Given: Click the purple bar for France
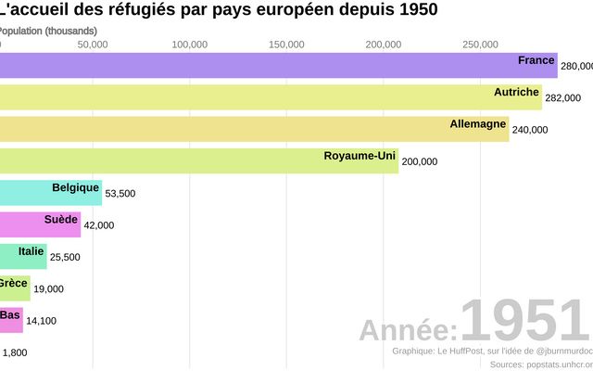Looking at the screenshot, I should (278, 65).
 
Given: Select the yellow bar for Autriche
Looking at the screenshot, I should (269, 97).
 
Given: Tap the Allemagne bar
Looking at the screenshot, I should (250, 129).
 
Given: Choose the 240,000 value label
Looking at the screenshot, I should (529, 130).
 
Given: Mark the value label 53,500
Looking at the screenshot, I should (120, 194).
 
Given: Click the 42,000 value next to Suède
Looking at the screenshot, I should (99, 225).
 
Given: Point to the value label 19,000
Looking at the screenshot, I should (48, 289).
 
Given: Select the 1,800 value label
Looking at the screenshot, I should (15, 352).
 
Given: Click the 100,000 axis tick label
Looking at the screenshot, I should (189, 45).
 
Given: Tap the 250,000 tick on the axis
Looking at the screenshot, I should (481, 45).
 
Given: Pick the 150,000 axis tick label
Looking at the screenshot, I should (286, 45).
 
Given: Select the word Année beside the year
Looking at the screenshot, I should (408, 330).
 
